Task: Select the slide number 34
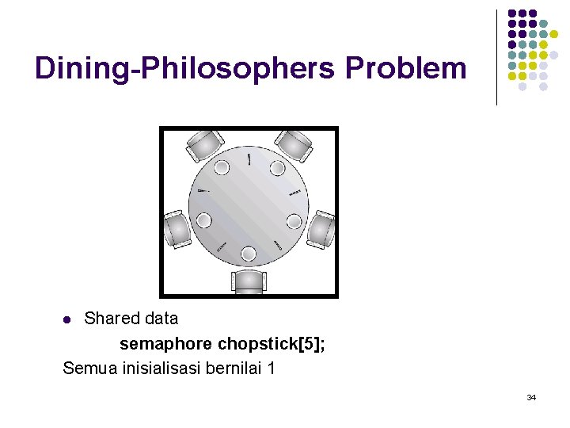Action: (x=530, y=396)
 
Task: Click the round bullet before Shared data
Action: (x=67, y=320)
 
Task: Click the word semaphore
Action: (x=165, y=344)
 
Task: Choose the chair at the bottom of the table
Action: (x=249, y=281)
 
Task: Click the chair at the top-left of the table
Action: (x=203, y=145)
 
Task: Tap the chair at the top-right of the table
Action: (x=294, y=145)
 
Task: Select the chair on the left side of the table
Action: (x=176, y=228)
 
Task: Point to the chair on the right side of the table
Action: (x=321, y=228)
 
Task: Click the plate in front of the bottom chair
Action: (x=249, y=254)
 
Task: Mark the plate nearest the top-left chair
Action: (x=222, y=167)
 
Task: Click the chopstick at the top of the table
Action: (x=249, y=159)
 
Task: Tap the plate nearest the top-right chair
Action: (x=276, y=167)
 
